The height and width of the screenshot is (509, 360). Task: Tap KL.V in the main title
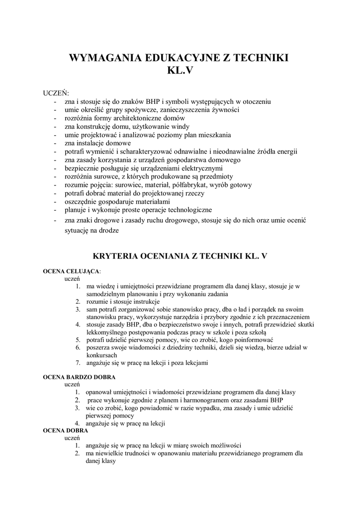[x=180, y=71]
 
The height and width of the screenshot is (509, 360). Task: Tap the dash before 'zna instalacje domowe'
[x=55, y=143]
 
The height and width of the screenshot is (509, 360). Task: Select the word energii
[x=284, y=152]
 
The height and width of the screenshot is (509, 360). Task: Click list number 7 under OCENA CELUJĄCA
[x=78, y=362]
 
